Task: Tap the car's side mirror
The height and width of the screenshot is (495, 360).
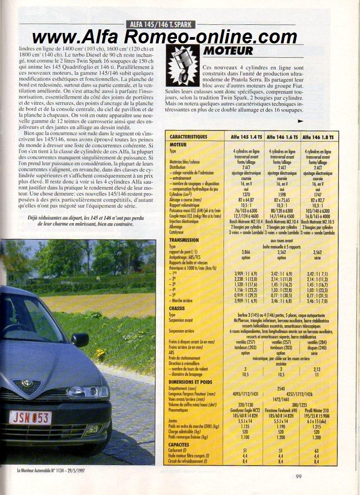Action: point(80,339)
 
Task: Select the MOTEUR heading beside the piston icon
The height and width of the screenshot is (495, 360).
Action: point(228,50)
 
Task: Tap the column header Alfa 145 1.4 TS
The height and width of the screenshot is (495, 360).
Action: point(244,136)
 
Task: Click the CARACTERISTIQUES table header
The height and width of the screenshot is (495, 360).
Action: point(188,136)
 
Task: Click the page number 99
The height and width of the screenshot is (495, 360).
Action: point(299,475)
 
